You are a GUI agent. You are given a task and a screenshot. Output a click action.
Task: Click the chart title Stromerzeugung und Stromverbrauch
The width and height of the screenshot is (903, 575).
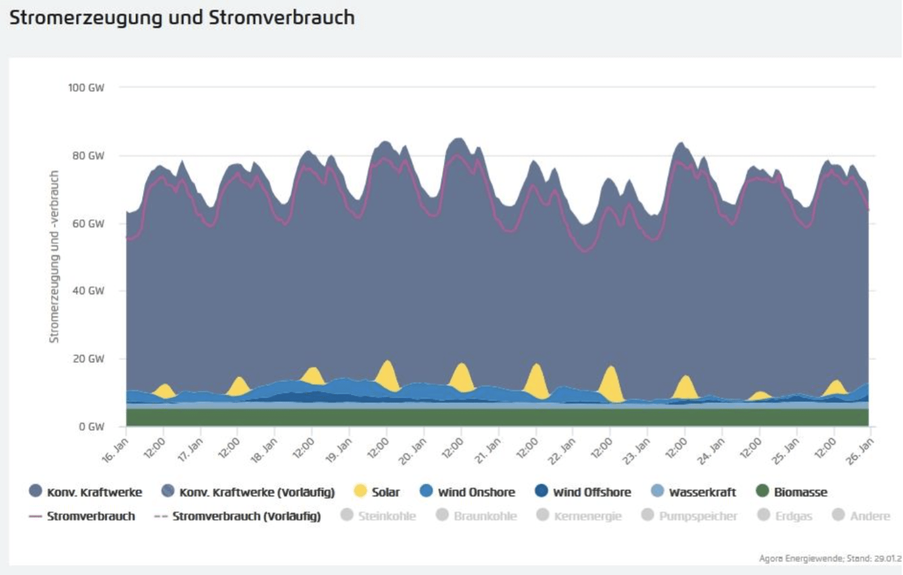click(x=182, y=18)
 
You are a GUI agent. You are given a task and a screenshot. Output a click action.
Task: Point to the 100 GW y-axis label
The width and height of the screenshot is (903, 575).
click(x=86, y=88)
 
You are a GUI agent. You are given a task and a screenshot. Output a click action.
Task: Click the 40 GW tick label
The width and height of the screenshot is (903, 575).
click(x=88, y=291)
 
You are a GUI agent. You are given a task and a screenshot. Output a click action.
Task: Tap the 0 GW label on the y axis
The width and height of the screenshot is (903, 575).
click(x=91, y=427)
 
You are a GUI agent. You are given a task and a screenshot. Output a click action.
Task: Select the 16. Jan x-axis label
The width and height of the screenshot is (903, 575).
click(x=116, y=451)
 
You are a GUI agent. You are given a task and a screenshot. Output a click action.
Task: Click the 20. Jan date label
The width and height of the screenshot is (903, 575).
click(x=413, y=451)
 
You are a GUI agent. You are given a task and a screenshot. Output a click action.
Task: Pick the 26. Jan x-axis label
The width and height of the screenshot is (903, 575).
click(x=860, y=451)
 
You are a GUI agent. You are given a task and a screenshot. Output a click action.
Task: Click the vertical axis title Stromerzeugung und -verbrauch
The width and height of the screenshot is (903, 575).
click(x=54, y=256)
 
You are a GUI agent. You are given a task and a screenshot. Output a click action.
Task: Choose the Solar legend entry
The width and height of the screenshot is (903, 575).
click(x=377, y=492)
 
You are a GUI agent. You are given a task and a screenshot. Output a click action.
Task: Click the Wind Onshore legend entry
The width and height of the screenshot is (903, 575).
click(x=467, y=492)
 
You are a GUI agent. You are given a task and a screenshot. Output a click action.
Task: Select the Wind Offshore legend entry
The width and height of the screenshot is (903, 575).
click(x=583, y=492)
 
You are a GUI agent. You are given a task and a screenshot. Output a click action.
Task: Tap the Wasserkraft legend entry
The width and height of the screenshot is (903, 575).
click(x=694, y=492)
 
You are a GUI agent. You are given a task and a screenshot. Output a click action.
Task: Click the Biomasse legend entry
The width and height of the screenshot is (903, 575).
click(x=791, y=492)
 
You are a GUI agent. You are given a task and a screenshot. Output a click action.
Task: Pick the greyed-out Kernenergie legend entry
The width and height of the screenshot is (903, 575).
click(x=579, y=516)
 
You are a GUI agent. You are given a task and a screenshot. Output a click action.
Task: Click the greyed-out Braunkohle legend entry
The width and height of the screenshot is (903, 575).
click(x=476, y=516)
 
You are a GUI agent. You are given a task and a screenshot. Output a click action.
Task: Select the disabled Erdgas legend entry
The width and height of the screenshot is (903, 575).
click(x=785, y=516)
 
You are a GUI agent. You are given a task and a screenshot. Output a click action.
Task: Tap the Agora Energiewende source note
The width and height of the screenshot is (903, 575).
click(x=829, y=558)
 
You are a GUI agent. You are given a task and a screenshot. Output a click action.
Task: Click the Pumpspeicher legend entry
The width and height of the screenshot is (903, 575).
click(x=690, y=516)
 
